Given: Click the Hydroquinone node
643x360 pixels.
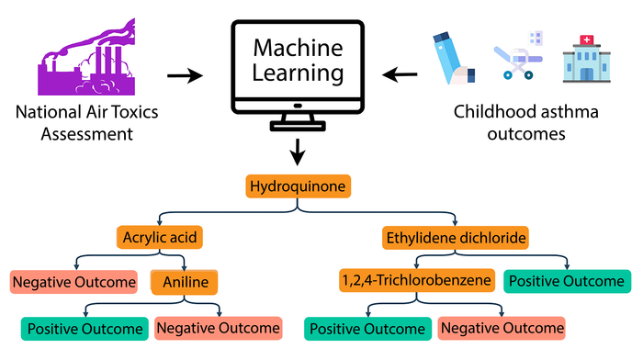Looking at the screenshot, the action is [x=299, y=186].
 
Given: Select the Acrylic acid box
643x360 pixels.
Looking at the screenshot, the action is [x=160, y=238].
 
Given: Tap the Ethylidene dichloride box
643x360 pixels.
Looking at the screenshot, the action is [x=456, y=238].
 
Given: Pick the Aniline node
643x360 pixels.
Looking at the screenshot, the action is [x=184, y=282].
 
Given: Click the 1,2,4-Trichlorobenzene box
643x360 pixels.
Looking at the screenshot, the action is [x=417, y=280].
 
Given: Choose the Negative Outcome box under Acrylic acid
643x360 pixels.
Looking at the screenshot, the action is [x=73, y=282].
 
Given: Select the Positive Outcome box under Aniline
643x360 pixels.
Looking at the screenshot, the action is [x=85, y=329].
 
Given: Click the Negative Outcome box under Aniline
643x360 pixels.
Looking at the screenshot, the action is [x=219, y=329].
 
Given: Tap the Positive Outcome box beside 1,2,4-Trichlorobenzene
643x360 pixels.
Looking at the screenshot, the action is [x=567, y=281].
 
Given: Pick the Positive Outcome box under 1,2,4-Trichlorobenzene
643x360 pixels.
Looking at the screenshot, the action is [x=367, y=329].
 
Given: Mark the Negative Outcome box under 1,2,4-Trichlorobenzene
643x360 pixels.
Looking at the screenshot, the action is [x=502, y=329].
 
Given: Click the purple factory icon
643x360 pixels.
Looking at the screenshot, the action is [x=86, y=58].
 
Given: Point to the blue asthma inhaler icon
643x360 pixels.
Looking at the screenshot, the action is [x=454, y=58].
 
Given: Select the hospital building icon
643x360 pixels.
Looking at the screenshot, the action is [x=587, y=59].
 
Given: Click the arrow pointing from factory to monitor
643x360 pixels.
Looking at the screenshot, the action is [x=186, y=75].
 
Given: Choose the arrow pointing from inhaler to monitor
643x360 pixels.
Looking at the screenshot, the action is [x=400, y=74].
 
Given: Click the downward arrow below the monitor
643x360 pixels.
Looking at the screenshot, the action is [x=298, y=152].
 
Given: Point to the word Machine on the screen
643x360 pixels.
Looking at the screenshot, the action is [x=299, y=48].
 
